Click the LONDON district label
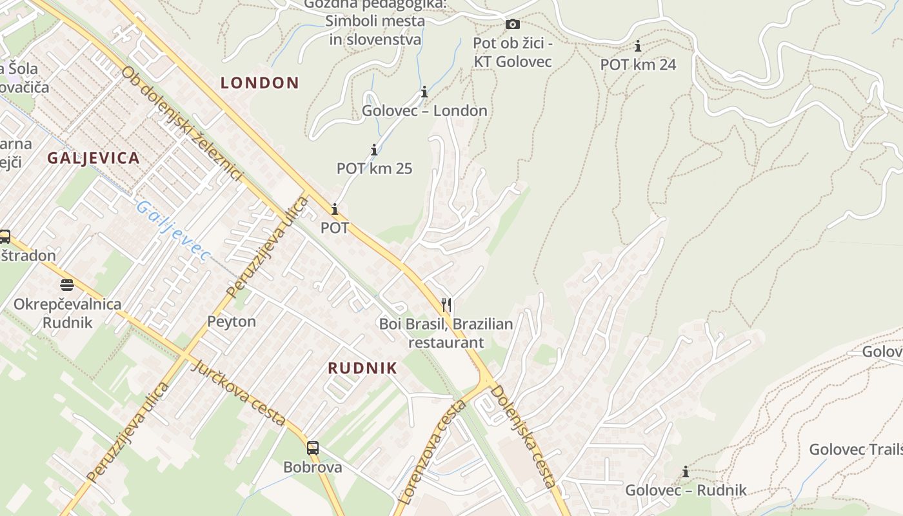tap(260, 83)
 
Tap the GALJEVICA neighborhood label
tap(94, 158)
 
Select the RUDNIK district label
tap(362, 368)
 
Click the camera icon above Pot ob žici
tap(513, 25)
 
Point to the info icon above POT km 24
tap(638, 46)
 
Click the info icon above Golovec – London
tap(424, 92)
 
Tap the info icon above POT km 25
tap(374, 150)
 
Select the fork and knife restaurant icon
tap(446, 305)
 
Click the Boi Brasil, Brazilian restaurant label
tap(446, 333)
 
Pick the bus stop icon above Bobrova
tap(313, 448)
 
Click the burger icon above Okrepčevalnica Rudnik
tap(67, 284)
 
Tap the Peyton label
tap(232, 321)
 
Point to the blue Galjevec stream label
tap(173, 231)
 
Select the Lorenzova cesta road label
tap(433, 451)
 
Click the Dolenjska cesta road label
tap(523, 436)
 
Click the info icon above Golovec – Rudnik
tap(686, 472)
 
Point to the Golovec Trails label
tap(855, 450)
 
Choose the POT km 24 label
tap(638, 64)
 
